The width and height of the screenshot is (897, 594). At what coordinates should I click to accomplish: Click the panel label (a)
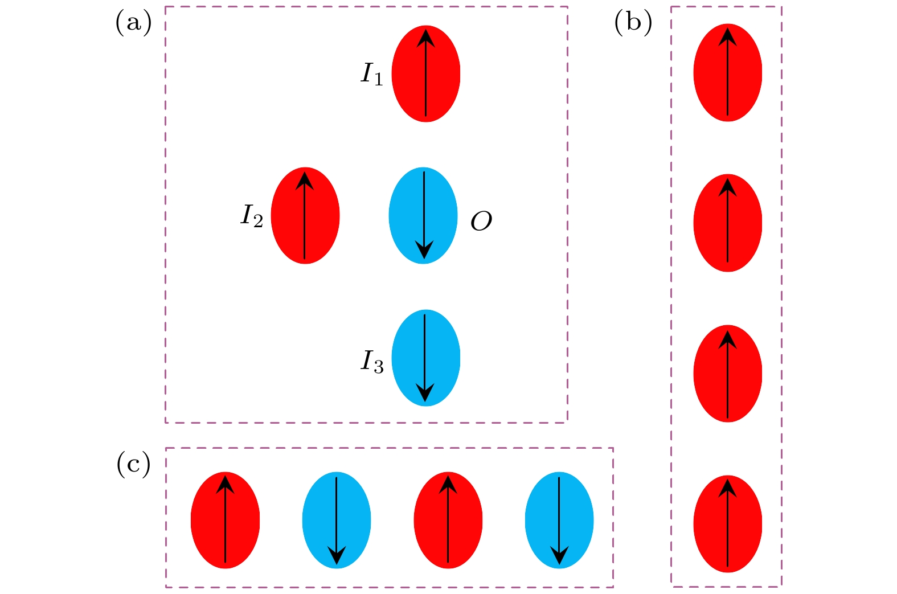134,24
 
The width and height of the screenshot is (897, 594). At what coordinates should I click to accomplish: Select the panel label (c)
134,464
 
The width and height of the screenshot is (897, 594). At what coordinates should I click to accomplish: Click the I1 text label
372,74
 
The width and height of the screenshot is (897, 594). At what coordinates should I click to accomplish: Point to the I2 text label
251,216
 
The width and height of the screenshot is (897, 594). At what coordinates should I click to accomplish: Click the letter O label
481,222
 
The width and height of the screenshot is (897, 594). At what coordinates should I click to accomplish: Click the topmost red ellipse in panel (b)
728,73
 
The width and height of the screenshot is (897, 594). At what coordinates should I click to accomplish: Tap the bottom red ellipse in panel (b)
728,523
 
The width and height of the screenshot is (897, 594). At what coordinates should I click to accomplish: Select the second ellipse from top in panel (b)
728,223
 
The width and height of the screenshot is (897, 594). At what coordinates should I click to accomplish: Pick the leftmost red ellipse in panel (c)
226,520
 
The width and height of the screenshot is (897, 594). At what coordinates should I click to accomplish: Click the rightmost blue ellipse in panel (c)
559,520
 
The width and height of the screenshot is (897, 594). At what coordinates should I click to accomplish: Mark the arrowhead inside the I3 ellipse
425,392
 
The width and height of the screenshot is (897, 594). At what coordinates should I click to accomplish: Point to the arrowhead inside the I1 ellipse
425,38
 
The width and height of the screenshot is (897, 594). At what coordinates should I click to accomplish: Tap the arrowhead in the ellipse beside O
424,249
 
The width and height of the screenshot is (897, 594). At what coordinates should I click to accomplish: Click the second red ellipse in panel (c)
448,520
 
